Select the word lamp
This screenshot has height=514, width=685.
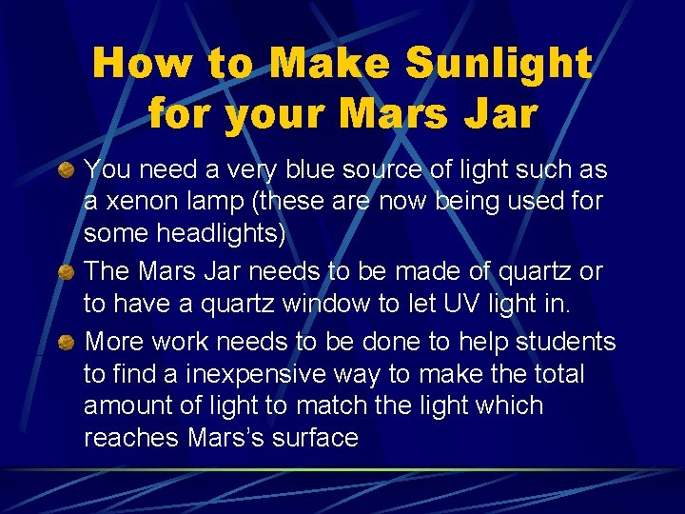[x=220, y=203]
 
